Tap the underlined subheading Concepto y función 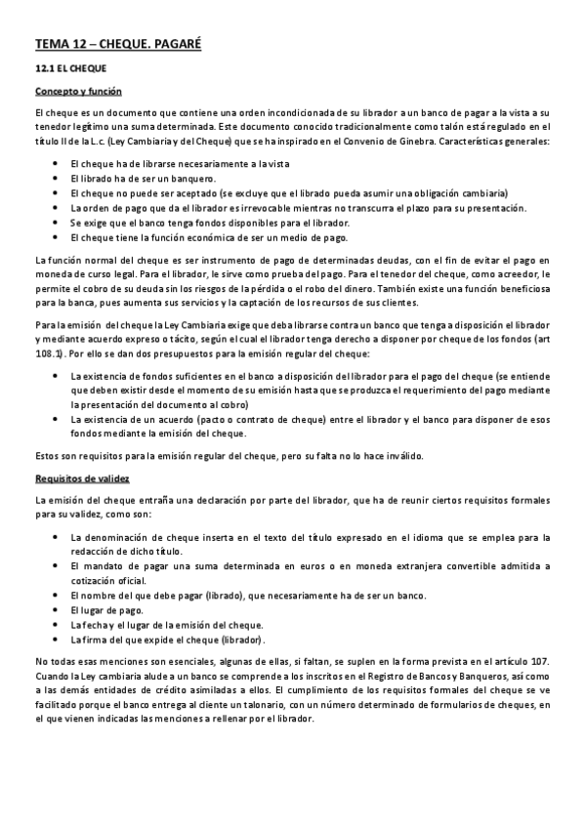pos(78,92)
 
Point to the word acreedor pos(506,273)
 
